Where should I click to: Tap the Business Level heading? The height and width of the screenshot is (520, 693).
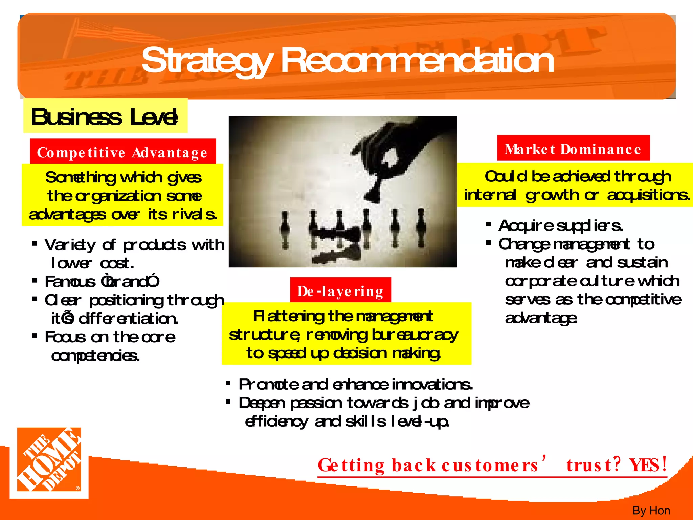coord(105,117)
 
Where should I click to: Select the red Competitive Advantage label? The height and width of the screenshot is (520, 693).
coord(122,152)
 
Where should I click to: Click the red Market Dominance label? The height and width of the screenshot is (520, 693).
coord(573,149)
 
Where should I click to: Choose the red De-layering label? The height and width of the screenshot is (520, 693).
coord(340,291)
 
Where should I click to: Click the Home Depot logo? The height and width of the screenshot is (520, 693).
coord(49,462)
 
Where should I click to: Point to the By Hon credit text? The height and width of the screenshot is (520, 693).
coord(651,510)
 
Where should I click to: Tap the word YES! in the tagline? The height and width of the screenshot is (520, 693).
coord(648,464)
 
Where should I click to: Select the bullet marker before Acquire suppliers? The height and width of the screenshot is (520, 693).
coord(488,224)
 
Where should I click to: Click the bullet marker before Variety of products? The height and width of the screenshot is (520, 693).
coord(34,243)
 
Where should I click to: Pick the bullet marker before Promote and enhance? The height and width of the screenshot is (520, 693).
coord(228,383)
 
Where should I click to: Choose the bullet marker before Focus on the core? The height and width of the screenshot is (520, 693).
coord(34,336)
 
